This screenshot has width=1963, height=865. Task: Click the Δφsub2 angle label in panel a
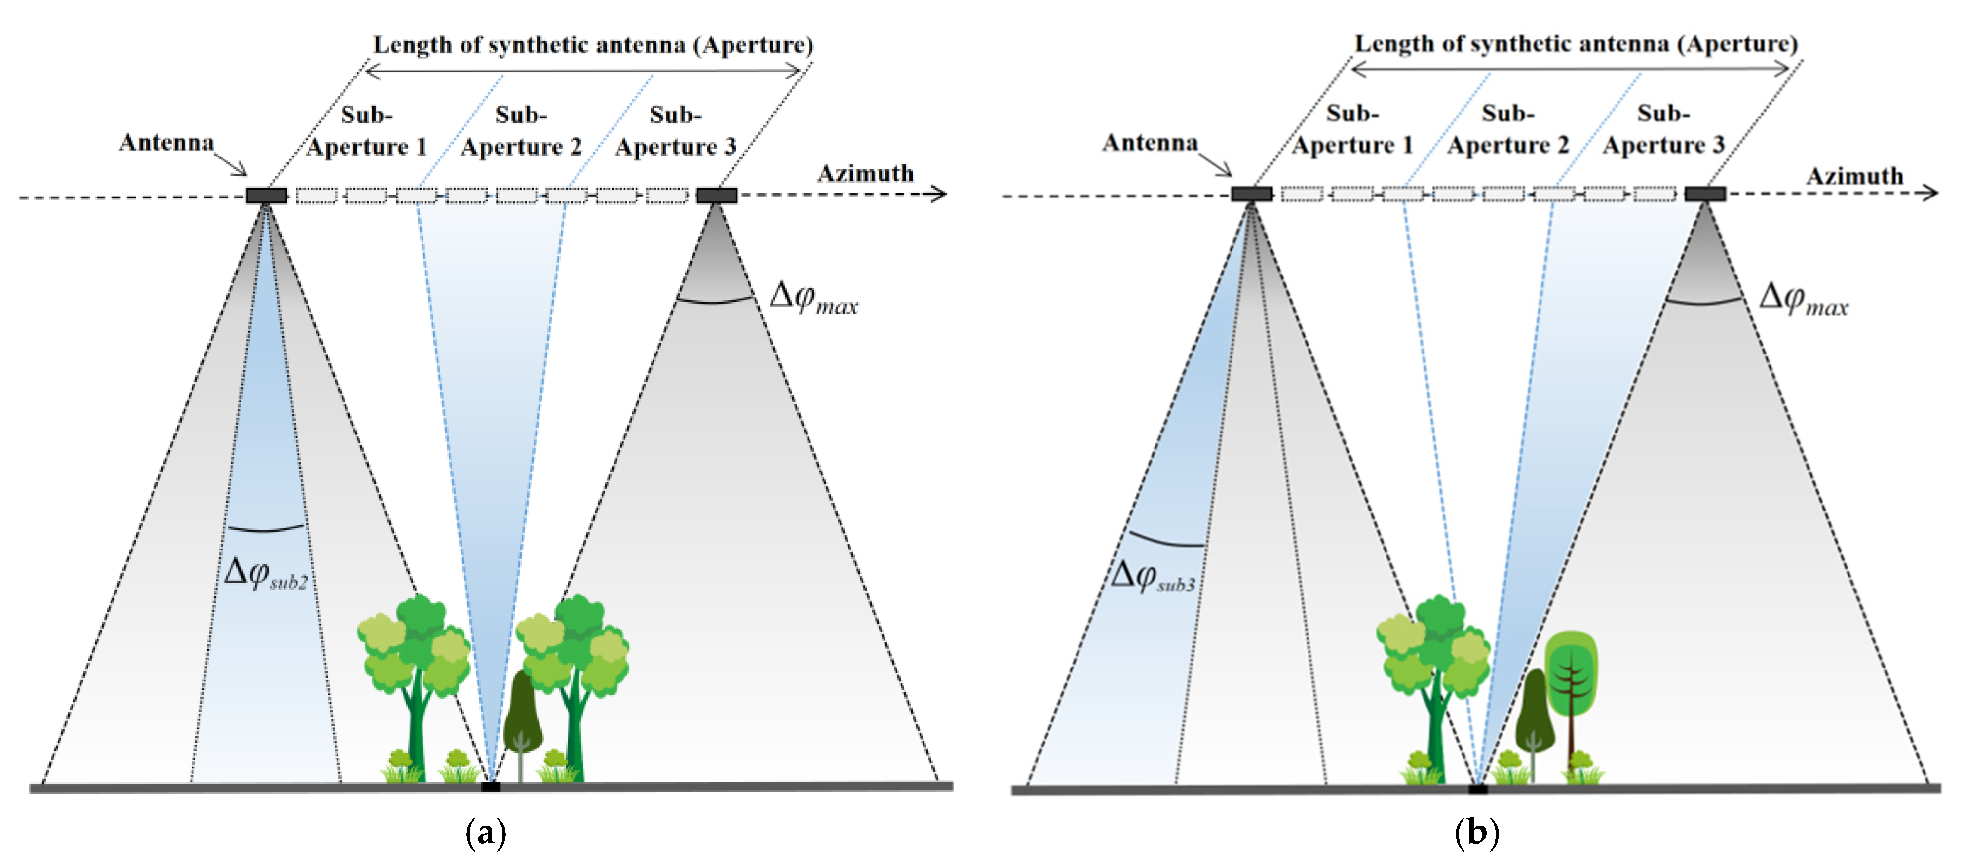tap(265, 574)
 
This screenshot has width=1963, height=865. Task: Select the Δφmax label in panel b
tap(1803, 298)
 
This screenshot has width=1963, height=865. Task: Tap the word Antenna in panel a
tap(166, 143)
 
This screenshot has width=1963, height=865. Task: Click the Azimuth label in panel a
tap(865, 174)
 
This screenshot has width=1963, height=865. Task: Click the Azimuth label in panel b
tap(1854, 176)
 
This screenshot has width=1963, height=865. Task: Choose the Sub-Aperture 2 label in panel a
tap(521, 131)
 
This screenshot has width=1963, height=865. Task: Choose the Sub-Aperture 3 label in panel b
tap(1663, 129)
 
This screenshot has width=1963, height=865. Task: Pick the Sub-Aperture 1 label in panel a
tap(367, 131)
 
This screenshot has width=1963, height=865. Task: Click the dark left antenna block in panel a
tap(266, 195)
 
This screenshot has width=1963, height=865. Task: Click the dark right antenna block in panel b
tap(1705, 194)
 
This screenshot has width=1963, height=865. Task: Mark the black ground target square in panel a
tap(490, 786)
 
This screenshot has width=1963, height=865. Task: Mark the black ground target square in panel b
tap(1478, 788)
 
